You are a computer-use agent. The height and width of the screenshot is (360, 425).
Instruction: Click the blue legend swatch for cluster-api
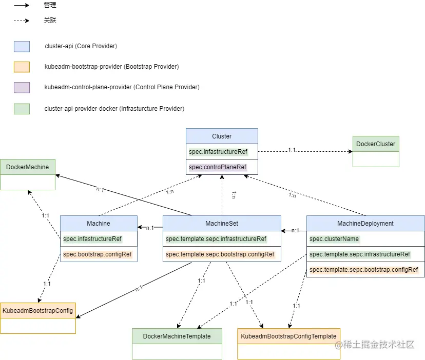click(22, 46)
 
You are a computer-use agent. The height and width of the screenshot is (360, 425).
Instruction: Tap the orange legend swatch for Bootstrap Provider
click(22, 67)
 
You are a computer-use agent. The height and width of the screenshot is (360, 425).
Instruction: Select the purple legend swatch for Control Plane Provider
click(22, 88)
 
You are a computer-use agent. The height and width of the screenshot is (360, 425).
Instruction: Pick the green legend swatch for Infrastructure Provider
click(22, 109)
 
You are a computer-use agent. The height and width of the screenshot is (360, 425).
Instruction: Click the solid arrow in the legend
click(22, 5)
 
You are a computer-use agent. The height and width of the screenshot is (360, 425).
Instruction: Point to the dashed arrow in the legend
click(22, 21)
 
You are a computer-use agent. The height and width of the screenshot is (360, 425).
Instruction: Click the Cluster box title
click(222, 136)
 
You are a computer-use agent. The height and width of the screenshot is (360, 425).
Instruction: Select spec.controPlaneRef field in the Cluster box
click(218, 167)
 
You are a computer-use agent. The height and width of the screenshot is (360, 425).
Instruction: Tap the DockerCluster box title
click(376, 144)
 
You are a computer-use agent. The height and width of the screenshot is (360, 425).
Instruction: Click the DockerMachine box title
click(27, 167)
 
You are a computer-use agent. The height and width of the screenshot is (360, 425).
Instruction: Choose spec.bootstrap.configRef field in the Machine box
click(97, 254)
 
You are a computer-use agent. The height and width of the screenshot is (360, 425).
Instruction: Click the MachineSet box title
click(222, 224)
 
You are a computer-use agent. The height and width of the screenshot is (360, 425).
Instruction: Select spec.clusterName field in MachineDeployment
click(334, 238)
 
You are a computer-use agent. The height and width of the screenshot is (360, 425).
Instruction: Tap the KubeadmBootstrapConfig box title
click(37, 310)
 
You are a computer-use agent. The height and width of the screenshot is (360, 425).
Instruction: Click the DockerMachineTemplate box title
click(177, 336)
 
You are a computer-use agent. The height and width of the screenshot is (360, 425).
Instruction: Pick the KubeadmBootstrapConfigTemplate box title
click(288, 336)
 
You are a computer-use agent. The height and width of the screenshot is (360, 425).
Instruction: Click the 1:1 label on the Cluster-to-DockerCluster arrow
click(292, 150)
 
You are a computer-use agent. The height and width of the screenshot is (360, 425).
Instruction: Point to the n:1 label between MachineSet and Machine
click(150, 228)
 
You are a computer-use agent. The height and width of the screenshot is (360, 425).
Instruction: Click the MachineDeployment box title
click(365, 224)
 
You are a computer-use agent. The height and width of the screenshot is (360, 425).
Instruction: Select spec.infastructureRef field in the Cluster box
click(218, 152)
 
